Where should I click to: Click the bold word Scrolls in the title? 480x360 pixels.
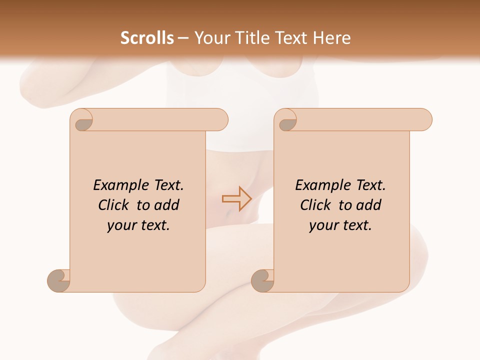pos(147,38)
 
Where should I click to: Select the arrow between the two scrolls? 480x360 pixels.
pos(236,198)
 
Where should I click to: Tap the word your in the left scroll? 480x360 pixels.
pos(121,225)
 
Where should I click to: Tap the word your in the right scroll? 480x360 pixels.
pos(323,225)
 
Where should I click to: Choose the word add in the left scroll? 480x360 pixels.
pos(167,205)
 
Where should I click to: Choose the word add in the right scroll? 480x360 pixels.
pos(369,205)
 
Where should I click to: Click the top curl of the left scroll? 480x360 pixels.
pos(83,122)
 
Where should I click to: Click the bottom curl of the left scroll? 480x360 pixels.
pos(58,280)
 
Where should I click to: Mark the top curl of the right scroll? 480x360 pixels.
pos(287,122)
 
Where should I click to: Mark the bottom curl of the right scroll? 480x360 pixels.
pos(262,280)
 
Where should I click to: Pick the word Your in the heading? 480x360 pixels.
pos(210,38)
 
